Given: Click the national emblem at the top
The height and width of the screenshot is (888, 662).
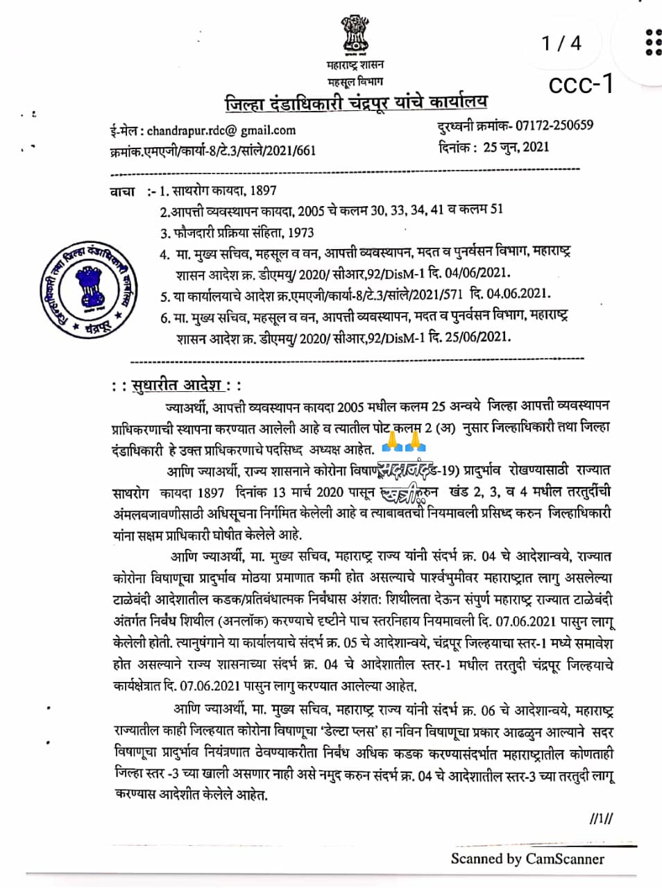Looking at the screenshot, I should pyautogui.click(x=355, y=35).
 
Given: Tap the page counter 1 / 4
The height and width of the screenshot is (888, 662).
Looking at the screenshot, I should pyautogui.click(x=561, y=43).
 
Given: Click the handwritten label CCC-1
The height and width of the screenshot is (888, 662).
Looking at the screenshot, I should pyautogui.click(x=581, y=84).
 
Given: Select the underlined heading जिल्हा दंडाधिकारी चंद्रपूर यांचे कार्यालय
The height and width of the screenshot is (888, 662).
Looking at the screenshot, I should pyautogui.click(x=356, y=103).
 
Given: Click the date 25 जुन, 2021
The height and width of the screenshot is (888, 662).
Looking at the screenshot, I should pyautogui.click(x=516, y=146).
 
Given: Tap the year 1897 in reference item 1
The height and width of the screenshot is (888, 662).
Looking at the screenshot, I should pyautogui.click(x=263, y=190).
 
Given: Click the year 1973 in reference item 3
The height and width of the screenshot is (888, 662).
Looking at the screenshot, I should pyautogui.click(x=300, y=232).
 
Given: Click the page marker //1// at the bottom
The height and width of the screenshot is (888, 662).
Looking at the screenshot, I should pyautogui.click(x=601, y=819).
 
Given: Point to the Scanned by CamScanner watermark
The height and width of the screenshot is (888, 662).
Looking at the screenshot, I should pyautogui.click(x=527, y=859).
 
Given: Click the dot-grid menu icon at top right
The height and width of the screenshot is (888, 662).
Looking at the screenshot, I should pyautogui.click(x=652, y=42).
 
